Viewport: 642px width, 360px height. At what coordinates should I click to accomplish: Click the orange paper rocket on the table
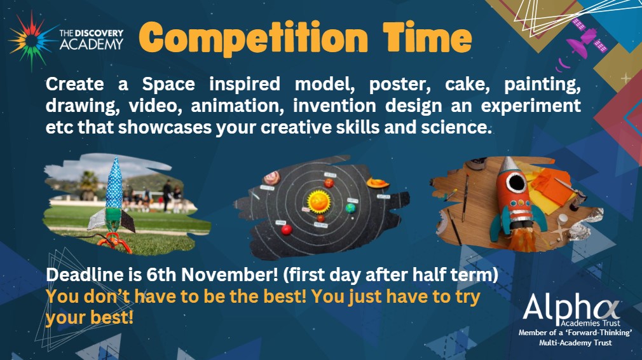click(x=513, y=200)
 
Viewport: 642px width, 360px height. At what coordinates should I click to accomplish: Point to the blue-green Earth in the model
click(x=350, y=207)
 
